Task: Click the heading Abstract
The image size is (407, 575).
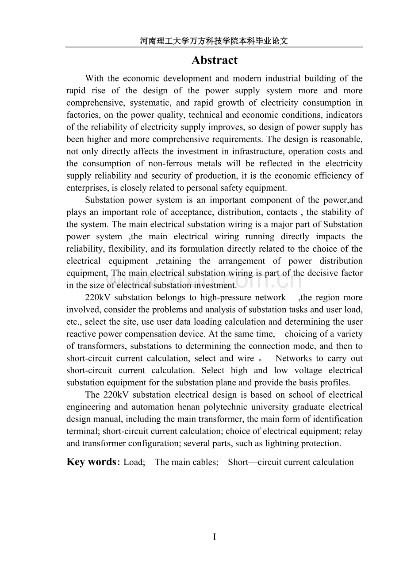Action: coord(215,60)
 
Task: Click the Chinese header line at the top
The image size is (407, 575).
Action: coord(214,41)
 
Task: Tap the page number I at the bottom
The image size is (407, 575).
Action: coord(215,537)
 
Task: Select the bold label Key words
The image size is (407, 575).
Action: coord(91,462)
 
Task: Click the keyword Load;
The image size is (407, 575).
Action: coord(134,462)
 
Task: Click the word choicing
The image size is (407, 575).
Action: coord(301,334)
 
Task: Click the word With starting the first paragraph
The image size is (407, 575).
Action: coord(94,78)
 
